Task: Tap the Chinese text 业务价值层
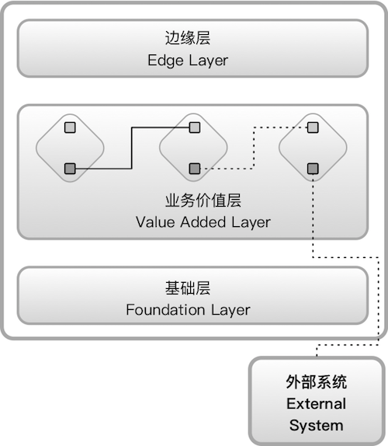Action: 203,200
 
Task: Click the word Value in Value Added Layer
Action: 152,222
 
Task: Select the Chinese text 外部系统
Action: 316,383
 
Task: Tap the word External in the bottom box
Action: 316,404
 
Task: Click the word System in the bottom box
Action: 316,425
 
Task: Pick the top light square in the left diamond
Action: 70,127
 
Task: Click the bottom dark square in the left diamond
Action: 70,168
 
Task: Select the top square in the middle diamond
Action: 194,127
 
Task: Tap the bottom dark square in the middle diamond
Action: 194,168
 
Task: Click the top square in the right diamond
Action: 313,127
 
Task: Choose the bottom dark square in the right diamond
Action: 313,168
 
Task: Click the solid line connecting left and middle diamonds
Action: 131,148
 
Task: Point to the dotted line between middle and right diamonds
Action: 253,148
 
